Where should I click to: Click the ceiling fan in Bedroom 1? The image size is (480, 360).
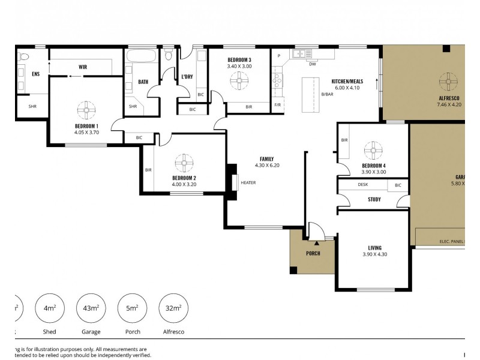pyautogui.click(x=86, y=110)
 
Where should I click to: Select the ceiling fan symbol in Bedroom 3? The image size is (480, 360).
pyautogui.click(x=239, y=80)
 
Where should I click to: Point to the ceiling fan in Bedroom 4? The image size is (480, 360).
pyautogui.click(x=373, y=150)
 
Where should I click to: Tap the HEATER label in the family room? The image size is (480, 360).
pyautogui.click(x=248, y=182)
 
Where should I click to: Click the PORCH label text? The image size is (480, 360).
pyautogui.click(x=313, y=253)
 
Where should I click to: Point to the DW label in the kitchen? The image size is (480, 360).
pyautogui.click(x=313, y=64)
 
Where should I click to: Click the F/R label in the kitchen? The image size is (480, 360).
pyautogui.click(x=278, y=104)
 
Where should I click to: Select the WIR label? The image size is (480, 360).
pyautogui.click(x=83, y=67)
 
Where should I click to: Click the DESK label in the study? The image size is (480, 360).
pyautogui.click(x=363, y=185)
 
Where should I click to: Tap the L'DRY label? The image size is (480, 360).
pyautogui.click(x=187, y=77)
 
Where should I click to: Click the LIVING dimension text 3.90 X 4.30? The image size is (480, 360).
pyautogui.click(x=374, y=255)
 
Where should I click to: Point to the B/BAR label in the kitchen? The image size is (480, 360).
pyautogui.click(x=327, y=94)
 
